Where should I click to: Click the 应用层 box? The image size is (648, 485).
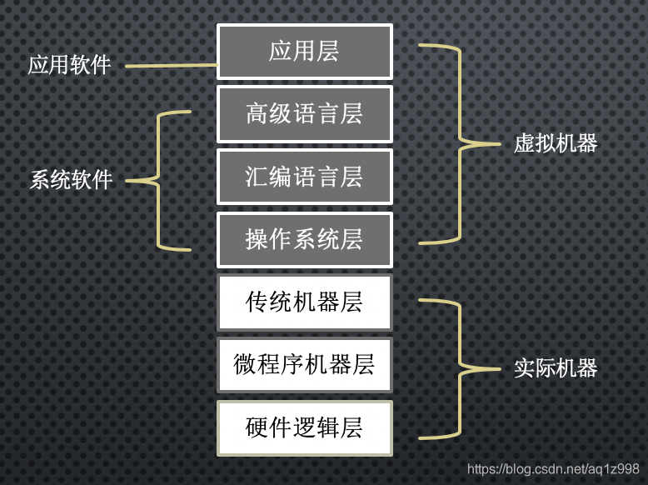pyautogui.click(x=304, y=52)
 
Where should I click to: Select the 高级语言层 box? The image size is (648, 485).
pyautogui.click(x=304, y=114)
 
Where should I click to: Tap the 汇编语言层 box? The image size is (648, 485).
pyautogui.click(x=304, y=177)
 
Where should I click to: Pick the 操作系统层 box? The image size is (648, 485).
pyautogui.click(x=304, y=240)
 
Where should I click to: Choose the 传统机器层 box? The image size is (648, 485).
pyautogui.click(x=304, y=302)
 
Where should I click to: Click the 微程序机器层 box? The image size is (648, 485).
pyautogui.click(x=304, y=364)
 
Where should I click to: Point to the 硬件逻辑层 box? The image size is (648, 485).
pyautogui.click(x=304, y=427)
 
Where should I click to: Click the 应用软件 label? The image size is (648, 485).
pyautogui.click(x=70, y=65)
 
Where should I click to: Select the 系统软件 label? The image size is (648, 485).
pyautogui.click(x=71, y=180)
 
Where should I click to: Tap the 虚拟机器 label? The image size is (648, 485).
pyautogui.click(x=556, y=143)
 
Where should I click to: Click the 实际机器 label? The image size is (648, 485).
pyautogui.click(x=556, y=368)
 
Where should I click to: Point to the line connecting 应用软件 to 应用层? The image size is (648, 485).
pyautogui.click(x=171, y=65)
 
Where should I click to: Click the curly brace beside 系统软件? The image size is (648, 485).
pyautogui.click(x=158, y=180)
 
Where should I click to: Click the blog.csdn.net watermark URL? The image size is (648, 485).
pyautogui.click(x=553, y=470)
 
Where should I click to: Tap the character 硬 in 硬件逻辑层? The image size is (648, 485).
pyautogui.click(x=257, y=427)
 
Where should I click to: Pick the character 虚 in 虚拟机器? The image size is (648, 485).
pyautogui.click(x=524, y=143)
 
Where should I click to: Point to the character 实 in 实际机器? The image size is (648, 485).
pyautogui.click(x=524, y=368)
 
